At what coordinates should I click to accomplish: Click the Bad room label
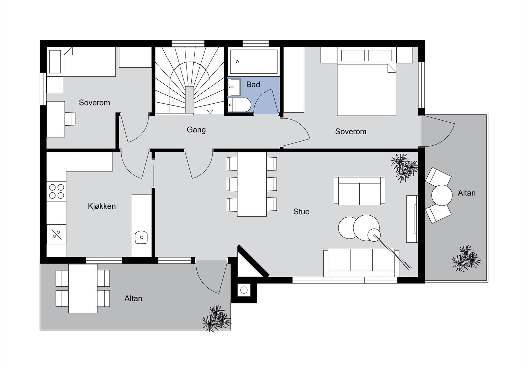pyautogui.click(x=253, y=84)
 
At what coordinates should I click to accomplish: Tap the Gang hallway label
pyautogui.click(x=196, y=130)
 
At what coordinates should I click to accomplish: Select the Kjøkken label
pyautogui.click(x=102, y=206)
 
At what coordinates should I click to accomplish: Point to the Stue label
pyautogui.click(x=302, y=212)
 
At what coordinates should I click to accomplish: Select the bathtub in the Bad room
pyautogui.click(x=254, y=61)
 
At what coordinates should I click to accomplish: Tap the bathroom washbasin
pyautogui.click(x=234, y=87)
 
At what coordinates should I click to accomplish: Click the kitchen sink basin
pyautogui.click(x=141, y=237)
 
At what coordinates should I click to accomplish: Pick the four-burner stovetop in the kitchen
pyautogui.click(x=56, y=191)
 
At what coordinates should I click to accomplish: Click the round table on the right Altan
pyautogui.click(x=442, y=195)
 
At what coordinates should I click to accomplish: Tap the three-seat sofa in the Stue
pyautogui.click(x=361, y=263)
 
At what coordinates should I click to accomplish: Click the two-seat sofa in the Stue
pyautogui.click(x=359, y=191)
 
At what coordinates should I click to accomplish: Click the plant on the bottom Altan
pyautogui.click(x=216, y=318)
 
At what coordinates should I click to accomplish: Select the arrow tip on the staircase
pyautogui.click(x=210, y=113)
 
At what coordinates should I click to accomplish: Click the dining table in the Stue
pyautogui.click(x=252, y=184)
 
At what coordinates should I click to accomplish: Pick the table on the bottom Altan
pyautogui.click(x=83, y=289)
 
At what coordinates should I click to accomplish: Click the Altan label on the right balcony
pyautogui.click(x=467, y=193)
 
